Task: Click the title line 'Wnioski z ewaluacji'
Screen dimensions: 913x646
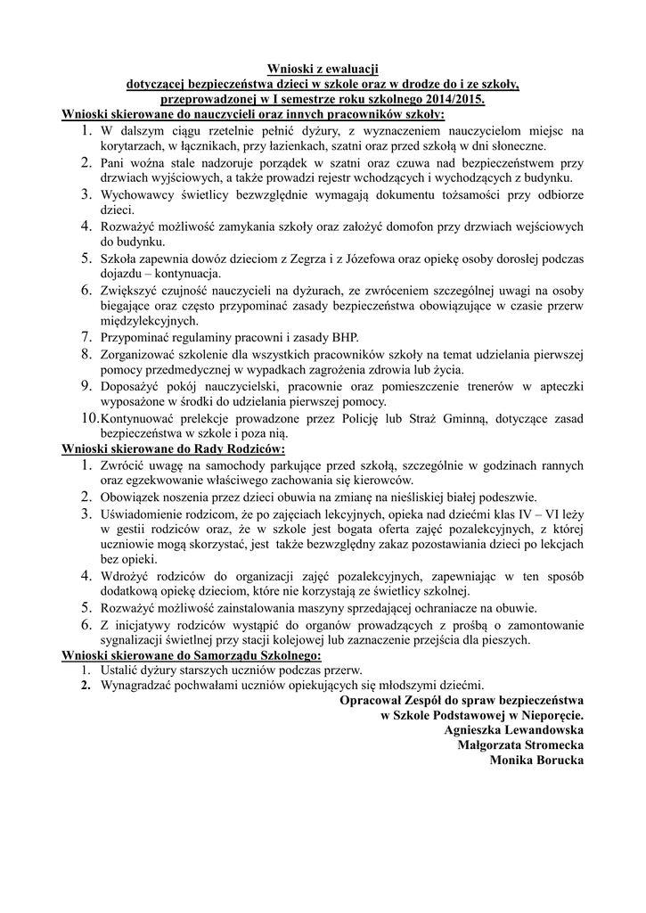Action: pos(323,69)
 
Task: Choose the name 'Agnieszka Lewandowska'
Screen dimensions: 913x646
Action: pos(513,728)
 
